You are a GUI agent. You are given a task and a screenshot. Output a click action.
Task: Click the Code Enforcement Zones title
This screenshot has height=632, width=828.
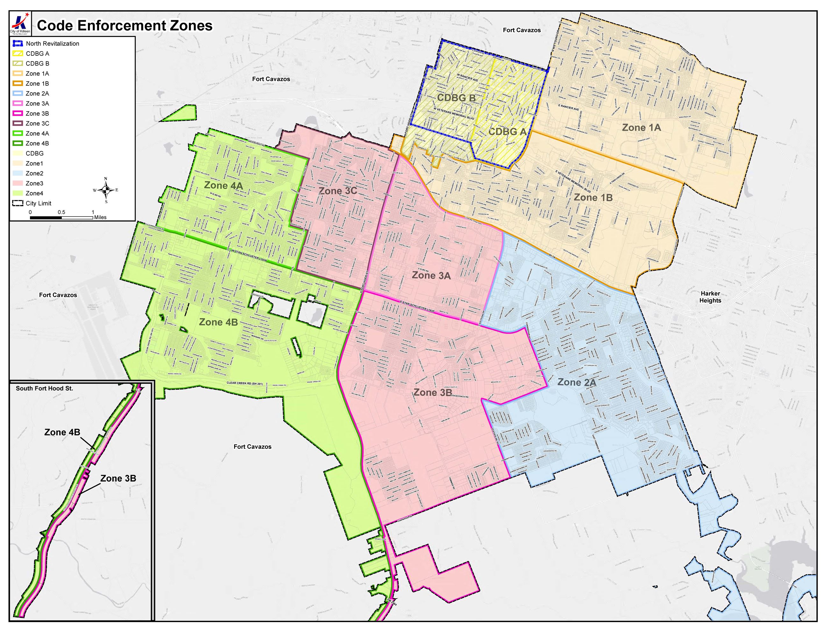(125, 25)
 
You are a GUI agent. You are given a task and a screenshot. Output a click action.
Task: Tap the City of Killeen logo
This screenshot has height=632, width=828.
(20, 23)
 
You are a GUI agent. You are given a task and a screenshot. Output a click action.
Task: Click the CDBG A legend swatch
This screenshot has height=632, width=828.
(18, 54)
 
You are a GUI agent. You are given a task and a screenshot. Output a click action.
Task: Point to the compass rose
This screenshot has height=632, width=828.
(106, 190)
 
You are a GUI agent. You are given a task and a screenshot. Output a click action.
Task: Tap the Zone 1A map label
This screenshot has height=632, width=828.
(641, 128)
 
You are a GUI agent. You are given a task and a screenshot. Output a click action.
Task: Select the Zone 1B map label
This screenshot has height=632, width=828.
(593, 198)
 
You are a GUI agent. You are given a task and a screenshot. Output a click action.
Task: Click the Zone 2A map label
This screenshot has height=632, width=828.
(576, 383)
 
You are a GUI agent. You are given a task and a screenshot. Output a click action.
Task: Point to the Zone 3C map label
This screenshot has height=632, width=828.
(338, 191)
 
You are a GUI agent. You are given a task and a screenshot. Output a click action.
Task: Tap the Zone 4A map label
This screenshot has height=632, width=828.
(223, 185)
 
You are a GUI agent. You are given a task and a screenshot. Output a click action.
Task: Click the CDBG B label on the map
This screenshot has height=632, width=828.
(456, 98)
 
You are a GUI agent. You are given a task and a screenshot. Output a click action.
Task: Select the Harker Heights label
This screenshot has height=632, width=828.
(710, 297)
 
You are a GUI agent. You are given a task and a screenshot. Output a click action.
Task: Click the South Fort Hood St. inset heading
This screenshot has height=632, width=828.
(44, 389)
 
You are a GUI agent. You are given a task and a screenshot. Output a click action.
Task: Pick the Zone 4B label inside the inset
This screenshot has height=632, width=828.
(62, 432)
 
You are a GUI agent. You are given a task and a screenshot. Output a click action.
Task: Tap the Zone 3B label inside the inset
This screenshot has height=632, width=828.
(118, 478)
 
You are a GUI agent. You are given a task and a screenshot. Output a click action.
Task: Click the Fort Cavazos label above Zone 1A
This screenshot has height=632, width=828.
(522, 30)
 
